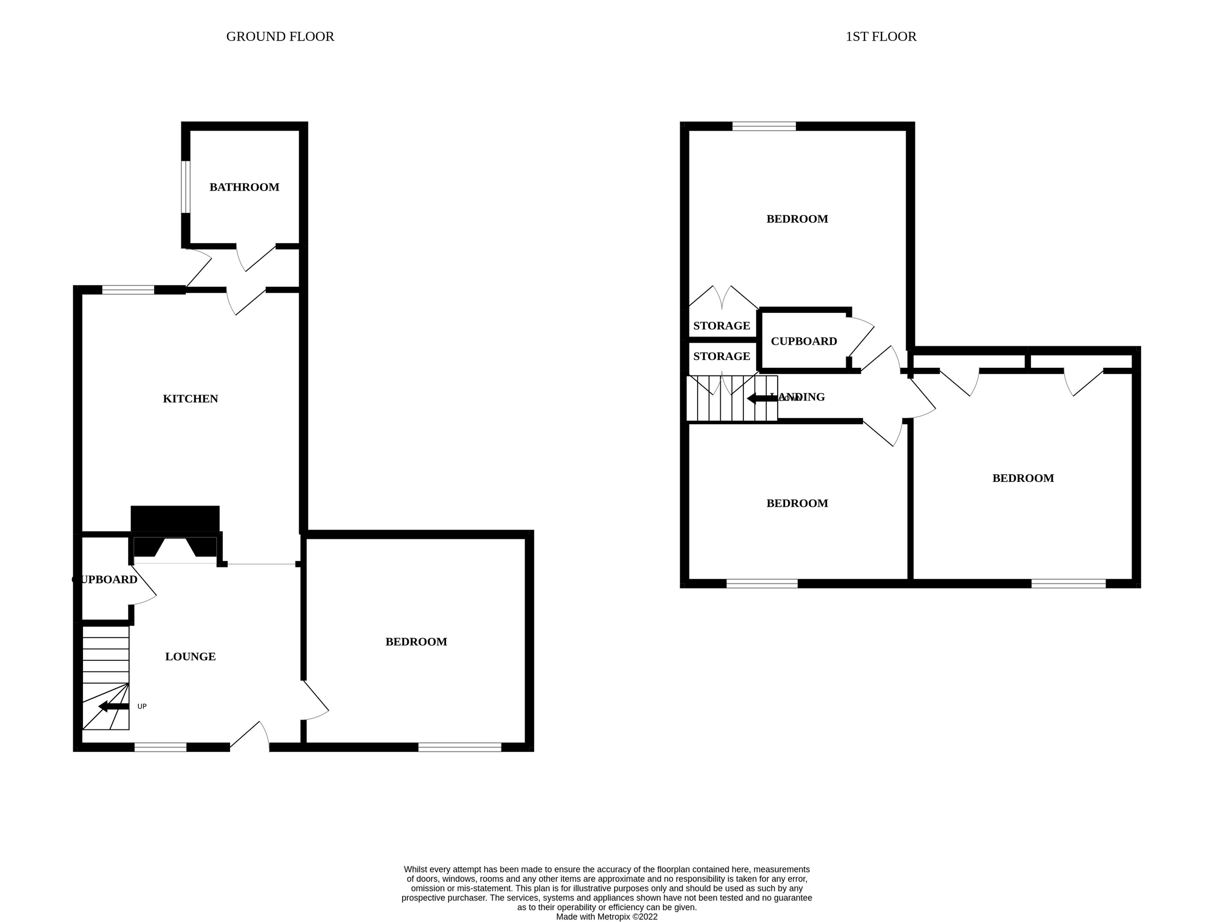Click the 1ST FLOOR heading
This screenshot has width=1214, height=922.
tap(881, 37)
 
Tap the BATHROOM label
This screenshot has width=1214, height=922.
tap(244, 187)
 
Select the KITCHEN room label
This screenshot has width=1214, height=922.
tap(191, 399)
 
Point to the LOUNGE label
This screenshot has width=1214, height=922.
tap(191, 656)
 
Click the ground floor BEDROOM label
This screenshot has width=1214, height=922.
tap(416, 641)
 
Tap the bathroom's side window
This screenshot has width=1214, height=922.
tap(186, 186)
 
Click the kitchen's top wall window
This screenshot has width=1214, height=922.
tap(128, 290)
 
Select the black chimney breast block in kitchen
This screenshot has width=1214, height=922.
tap(175, 518)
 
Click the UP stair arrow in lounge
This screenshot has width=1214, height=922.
tap(114, 706)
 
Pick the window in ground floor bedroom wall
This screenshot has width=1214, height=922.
tap(459, 747)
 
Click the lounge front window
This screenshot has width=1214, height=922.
tap(160, 747)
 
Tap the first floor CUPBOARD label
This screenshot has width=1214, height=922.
tap(804, 341)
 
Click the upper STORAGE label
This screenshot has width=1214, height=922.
tap(721, 326)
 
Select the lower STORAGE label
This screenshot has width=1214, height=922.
tap(721, 357)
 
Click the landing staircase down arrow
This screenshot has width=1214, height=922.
tap(762, 399)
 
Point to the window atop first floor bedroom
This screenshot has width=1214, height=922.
tap(763, 126)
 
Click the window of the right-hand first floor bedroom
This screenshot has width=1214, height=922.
tap(1068, 583)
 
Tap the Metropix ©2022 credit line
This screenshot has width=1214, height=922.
tap(606, 916)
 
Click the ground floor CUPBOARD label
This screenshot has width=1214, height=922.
tap(106, 579)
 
